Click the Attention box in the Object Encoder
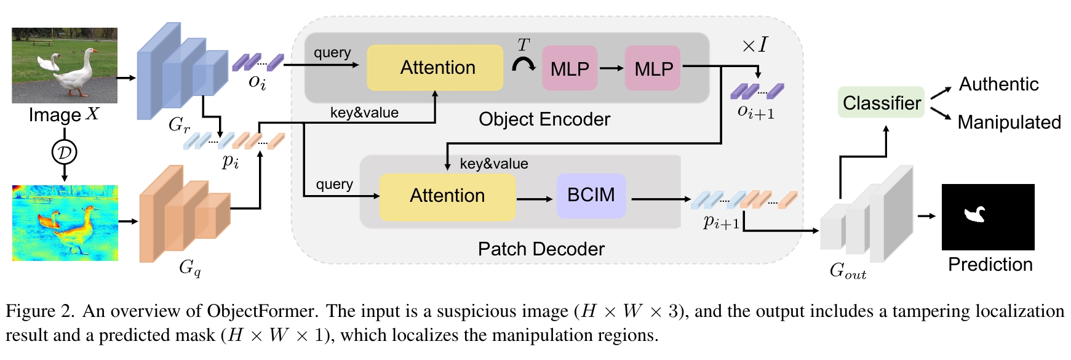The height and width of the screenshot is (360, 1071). tap(435, 68)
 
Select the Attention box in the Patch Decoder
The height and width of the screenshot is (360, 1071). tap(447, 196)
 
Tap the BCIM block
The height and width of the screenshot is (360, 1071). tap(591, 196)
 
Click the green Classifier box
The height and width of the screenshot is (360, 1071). tap(881, 103)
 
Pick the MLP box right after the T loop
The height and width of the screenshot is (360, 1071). tap(570, 68)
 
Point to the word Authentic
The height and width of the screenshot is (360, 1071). tap(998, 84)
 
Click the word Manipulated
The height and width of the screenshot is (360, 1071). tap(1009, 122)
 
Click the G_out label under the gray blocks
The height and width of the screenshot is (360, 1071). tap(847, 271)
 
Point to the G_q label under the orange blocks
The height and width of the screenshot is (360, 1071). tap(189, 268)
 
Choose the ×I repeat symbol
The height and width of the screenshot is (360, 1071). tap(754, 45)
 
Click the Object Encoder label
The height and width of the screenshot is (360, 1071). tap(544, 119)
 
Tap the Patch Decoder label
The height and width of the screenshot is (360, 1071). tap(541, 249)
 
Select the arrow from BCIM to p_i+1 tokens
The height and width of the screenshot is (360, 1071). tap(661, 199)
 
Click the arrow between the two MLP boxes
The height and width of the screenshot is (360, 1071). tap(611, 68)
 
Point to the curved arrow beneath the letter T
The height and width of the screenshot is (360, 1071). tap(524, 64)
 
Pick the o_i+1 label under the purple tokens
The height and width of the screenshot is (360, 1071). tap(756, 111)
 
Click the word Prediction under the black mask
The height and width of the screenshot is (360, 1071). tap(990, 265)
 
